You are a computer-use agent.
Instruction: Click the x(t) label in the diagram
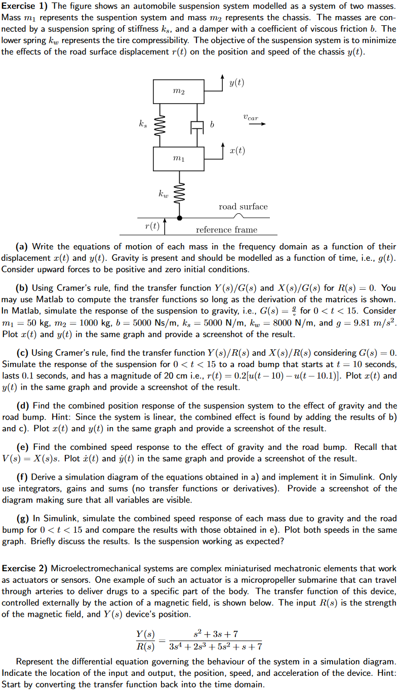click(236, 151)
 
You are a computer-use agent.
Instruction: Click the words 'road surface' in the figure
click(243, 206)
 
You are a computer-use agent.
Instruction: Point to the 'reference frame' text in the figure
click(226, 230)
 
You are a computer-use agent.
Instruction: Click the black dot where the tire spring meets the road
click(179, 218)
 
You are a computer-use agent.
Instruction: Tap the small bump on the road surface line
click(245, 216)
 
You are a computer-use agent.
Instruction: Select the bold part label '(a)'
click(22, 247)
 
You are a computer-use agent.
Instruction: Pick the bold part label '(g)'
click(22, 519)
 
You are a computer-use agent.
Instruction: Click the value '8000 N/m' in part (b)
click(279, 323)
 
